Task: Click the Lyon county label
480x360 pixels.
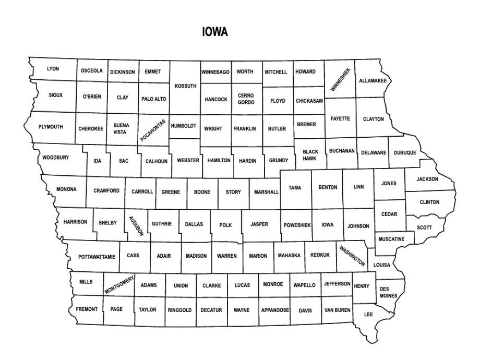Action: [53, 69]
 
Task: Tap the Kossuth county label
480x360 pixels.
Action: [185, 86]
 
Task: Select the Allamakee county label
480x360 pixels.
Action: [373, 81]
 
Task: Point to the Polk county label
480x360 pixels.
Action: [225, 225]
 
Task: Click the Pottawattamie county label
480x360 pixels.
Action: [97, 257]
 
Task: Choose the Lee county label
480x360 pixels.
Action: [368, 315]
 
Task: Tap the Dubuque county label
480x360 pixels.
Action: [405, 153]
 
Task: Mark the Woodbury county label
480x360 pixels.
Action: [55, 158]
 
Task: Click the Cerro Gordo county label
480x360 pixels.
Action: [246, 99]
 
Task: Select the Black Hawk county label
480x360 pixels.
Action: [310, 155]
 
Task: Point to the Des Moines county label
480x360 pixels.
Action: [388, 292]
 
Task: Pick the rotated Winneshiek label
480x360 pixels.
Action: [341, 80]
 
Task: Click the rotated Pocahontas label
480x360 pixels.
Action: [152, 130]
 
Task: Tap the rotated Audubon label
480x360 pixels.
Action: [136, 225]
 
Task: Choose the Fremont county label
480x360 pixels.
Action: [87, 309]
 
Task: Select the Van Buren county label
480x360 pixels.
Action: [337, 310]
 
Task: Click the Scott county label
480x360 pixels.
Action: [424, 227]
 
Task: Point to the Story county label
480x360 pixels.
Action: [233, 192]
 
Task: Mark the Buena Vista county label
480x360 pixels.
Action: [121, 128]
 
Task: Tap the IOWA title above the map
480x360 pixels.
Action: [215, 32]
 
